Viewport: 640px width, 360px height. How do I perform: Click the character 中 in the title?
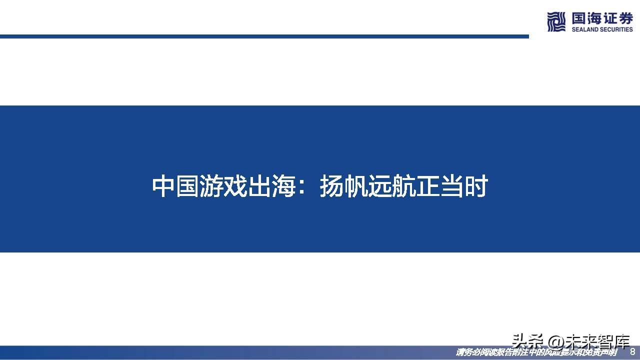[x=163, y=186]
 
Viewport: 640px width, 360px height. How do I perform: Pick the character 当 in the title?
[x=452, y=186]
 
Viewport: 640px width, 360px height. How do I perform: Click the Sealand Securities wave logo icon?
[x=555, y=22]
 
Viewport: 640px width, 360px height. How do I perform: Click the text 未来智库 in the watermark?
[x=596, y=342]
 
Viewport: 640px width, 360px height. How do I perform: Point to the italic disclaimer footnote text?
[x=536, y=352]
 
